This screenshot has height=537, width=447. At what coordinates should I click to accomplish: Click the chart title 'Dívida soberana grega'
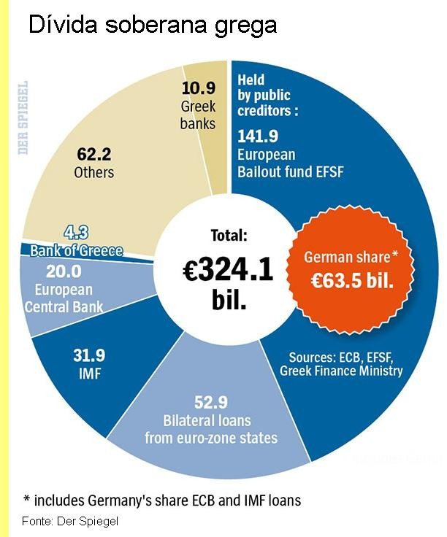pyautogui.click(x=152, y=26)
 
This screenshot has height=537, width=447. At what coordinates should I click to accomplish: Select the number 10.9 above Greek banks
pyautogui.click(x=198, y=88)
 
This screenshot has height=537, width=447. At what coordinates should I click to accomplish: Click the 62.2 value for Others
pyautogui.click(x=94, y=155)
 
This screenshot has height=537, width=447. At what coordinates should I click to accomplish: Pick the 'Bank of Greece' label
pyautogui.click(x=76, y=251)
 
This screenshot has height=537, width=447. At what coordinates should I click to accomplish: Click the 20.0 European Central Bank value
pyautogui.click(x=63, y=271)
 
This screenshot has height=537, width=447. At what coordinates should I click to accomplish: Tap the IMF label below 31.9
pyautogui.click(x=89, y=375)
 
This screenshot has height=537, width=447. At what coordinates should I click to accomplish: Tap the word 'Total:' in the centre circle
pyautogui.click(x=229, y=236)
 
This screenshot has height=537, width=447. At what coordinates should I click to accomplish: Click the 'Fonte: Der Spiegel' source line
pyautogui.click(x=70, y=521)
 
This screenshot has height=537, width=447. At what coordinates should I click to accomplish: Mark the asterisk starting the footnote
pyautogui.click(x=27, y=500)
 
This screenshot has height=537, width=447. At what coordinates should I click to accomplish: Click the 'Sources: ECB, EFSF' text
pyautogui.click(x=341, y=357)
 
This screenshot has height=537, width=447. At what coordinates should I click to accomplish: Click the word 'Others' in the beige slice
pyautogui.click(x=94, y=173)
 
